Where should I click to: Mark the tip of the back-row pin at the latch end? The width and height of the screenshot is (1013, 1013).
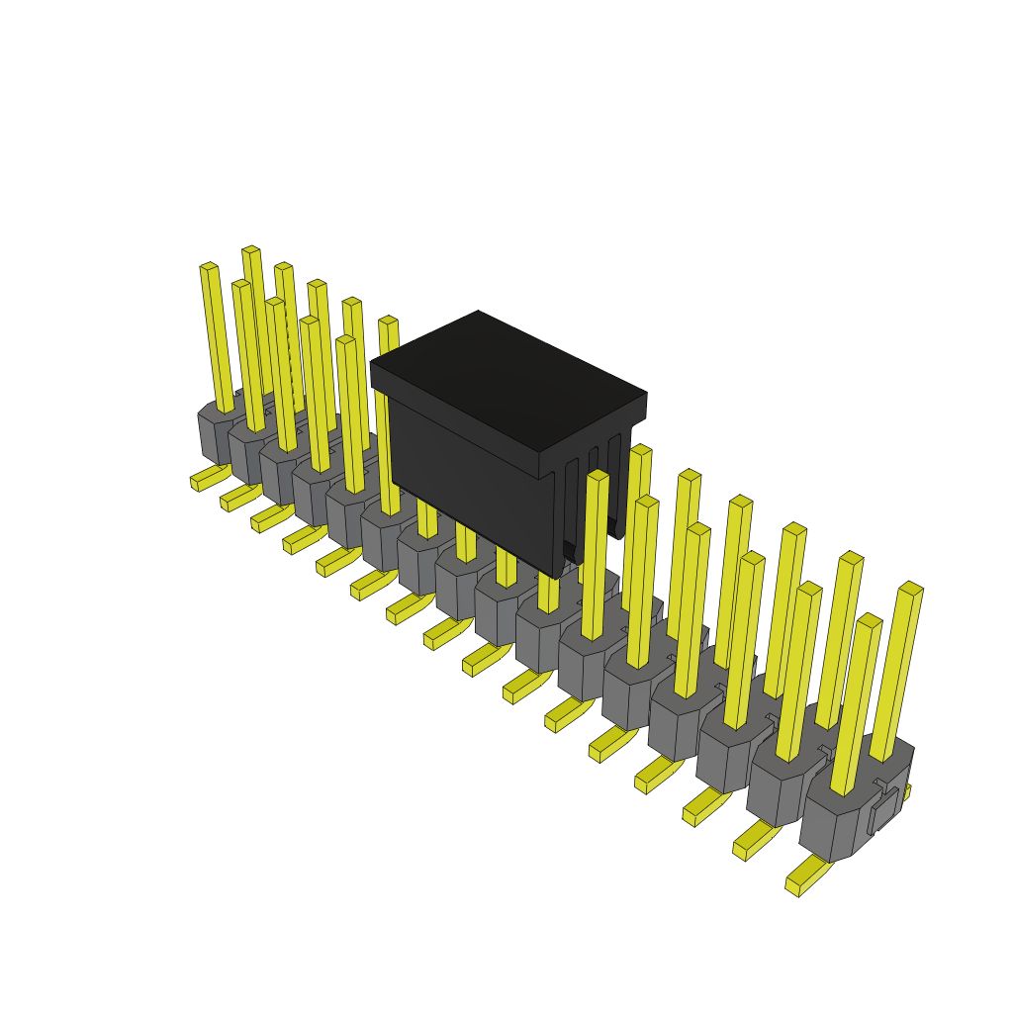click(911, 589)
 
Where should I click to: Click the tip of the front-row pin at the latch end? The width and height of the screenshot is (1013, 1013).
click(870, 620)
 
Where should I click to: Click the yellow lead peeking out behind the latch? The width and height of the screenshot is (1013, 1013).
click(904, 792)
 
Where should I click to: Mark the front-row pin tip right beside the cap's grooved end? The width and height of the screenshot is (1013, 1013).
click(598, 476)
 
